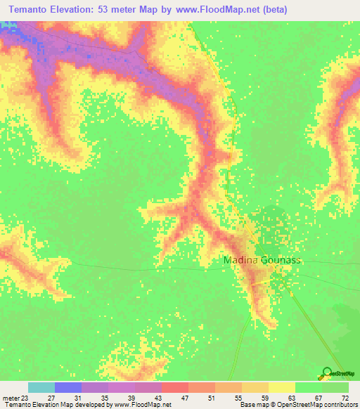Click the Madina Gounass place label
click(262, 260)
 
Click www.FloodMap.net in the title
click(217, 11)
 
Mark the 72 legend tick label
click(345, 397)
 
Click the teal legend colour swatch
click(41, 387)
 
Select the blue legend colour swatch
click(68, 387)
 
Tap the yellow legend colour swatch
click(282, 387)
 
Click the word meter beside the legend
click(11, 397)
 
